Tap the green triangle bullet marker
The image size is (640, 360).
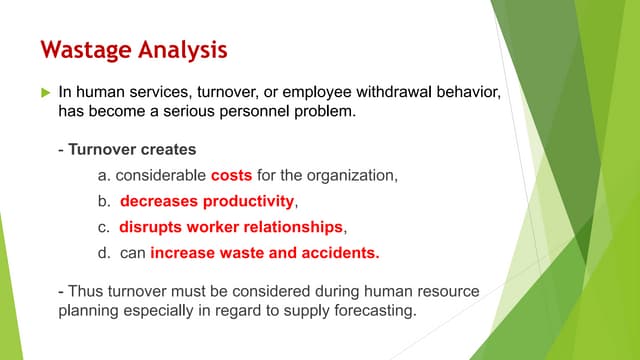(43, 92)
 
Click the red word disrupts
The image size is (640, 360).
(153, 226)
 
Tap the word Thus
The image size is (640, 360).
(86, 291)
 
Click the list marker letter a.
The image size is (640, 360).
(103, 176)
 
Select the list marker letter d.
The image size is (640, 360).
(103, 252)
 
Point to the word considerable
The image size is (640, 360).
(160, 176)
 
